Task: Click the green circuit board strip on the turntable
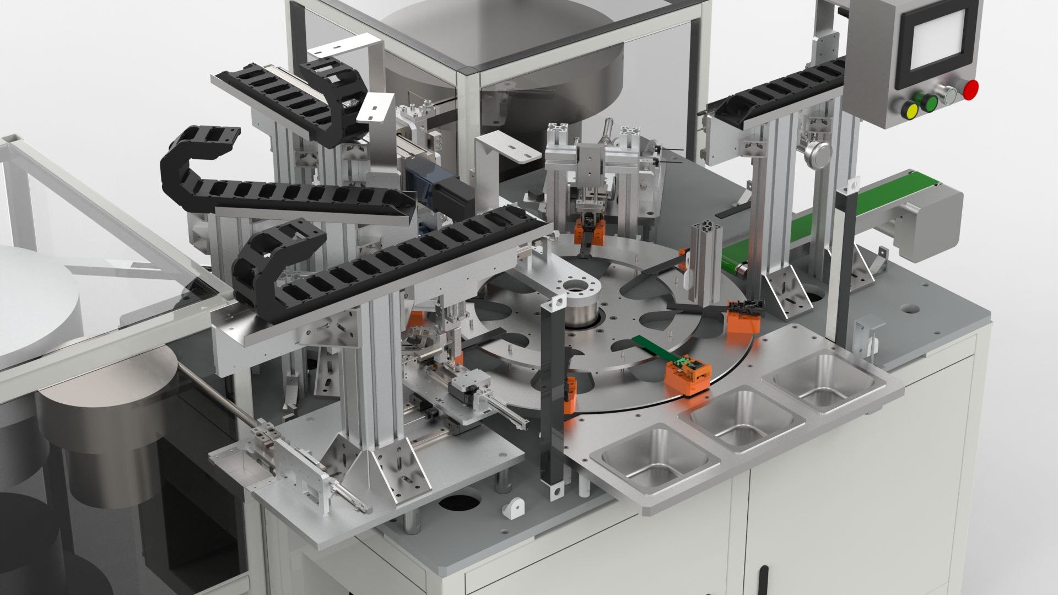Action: pyautogui.click(x=654, y=347)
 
